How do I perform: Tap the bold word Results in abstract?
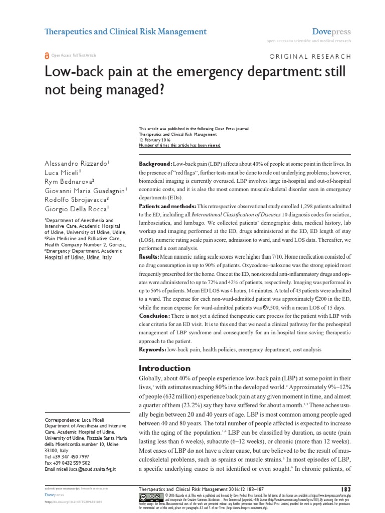[x=149, y=256]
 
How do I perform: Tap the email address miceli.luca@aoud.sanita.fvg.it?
[x=80, y=469]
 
